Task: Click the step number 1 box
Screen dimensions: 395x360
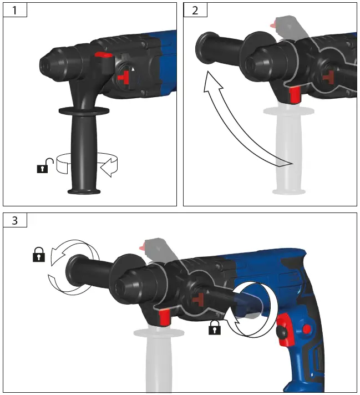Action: point(14,10)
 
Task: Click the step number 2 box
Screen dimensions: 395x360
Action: point(195,10)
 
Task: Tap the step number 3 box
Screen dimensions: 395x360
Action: point(14,220)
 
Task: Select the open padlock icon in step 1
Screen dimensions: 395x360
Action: point(44,165)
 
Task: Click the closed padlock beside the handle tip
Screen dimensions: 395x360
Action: point(38,255)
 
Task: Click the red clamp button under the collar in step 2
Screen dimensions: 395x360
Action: point(294,94)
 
